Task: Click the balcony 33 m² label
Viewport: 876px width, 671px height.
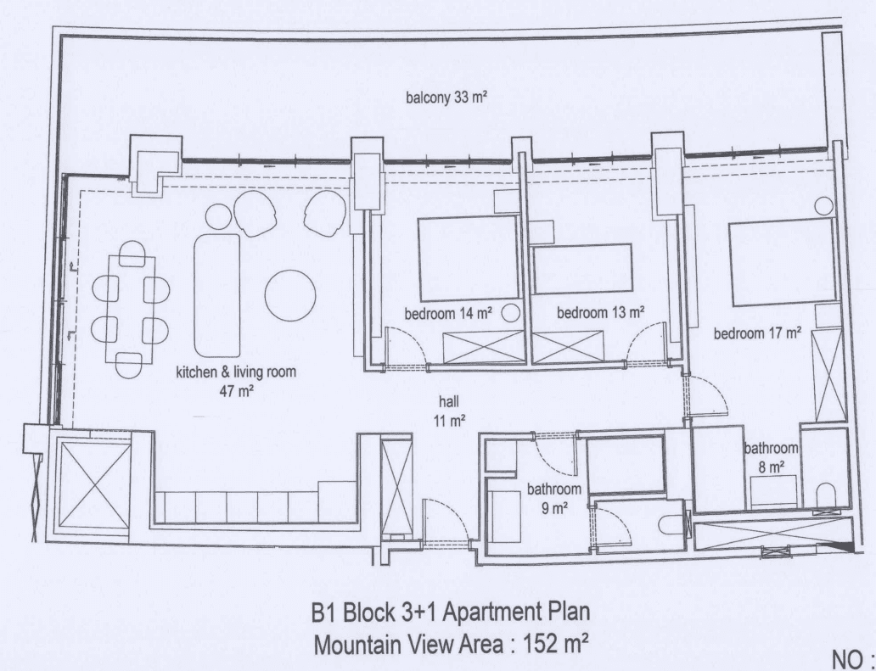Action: tap(446, 98)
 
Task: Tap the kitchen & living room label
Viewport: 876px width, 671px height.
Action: tap(236, 381)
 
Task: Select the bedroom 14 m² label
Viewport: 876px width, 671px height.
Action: tap(448, 314)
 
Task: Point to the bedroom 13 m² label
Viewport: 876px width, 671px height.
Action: tap(601, 312)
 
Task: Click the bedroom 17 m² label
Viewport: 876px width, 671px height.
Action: tap(757, 333)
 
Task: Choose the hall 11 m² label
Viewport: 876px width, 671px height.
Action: tap(449, 411)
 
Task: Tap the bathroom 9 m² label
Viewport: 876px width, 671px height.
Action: tap(554, 499)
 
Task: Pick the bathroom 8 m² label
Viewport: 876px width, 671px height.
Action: tap(771, 457)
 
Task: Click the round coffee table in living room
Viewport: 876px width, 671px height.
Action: tap(290, 296)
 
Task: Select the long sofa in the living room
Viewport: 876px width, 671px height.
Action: tap(217, 295)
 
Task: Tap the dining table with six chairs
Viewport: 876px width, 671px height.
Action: tap(132, 309)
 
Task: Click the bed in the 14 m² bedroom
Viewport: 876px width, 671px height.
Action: tap(469, 259)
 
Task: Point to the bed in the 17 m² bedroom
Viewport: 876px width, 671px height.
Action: tap(781, 262)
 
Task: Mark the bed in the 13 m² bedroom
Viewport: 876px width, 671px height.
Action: tap(582, 269)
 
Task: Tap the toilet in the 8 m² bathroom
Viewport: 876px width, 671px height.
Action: tap(826, 495)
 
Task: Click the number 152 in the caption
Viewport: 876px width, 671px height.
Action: tap(540, 645)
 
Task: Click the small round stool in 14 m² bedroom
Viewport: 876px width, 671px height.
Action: tap(510, 313)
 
